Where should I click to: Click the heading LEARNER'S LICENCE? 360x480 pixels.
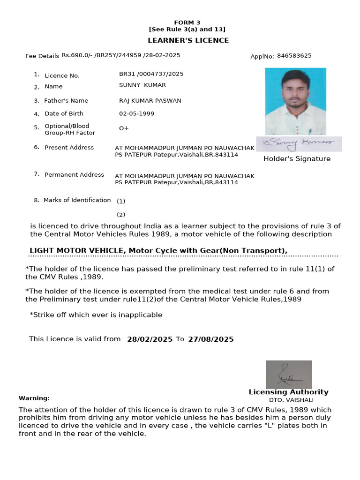click(x=188, y=40)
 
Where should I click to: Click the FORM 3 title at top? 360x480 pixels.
click(x=187, y=22)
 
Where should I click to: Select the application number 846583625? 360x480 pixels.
click(x=294, y=56)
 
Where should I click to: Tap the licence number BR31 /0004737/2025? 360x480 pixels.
click(x=151, y=74)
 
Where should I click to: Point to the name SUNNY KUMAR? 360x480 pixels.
click(x=142, y=85)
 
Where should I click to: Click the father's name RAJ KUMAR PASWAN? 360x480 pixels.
click(x=150, y=101)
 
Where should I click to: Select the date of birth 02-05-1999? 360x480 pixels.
click(x=136, y=113)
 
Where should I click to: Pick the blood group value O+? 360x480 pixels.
click(x=124, y=128)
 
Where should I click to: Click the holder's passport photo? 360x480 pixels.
click(x=295, y=101)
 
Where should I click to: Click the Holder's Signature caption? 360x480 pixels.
click(x=297, y=159)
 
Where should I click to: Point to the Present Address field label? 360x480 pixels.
click(x=69, y=148)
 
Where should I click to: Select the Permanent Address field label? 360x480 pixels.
click(x=74, y=175)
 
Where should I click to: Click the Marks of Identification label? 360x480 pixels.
click(x=77, y=200)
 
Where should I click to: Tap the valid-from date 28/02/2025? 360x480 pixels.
click(x=150, y=339)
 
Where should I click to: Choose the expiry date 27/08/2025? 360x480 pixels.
click(x=210, y=339)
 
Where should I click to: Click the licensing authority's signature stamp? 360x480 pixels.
click(x=289, y=374)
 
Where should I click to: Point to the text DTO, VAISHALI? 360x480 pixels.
click(x=291, y=400)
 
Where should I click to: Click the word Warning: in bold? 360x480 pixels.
click(x=34, y=398)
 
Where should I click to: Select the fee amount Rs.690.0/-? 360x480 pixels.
click(x=77, y=55)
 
